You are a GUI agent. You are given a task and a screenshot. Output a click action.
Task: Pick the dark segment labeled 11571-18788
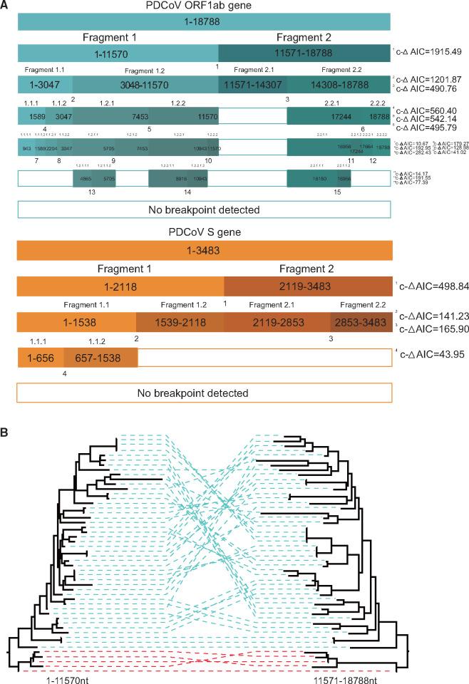[x=304, y=53]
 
